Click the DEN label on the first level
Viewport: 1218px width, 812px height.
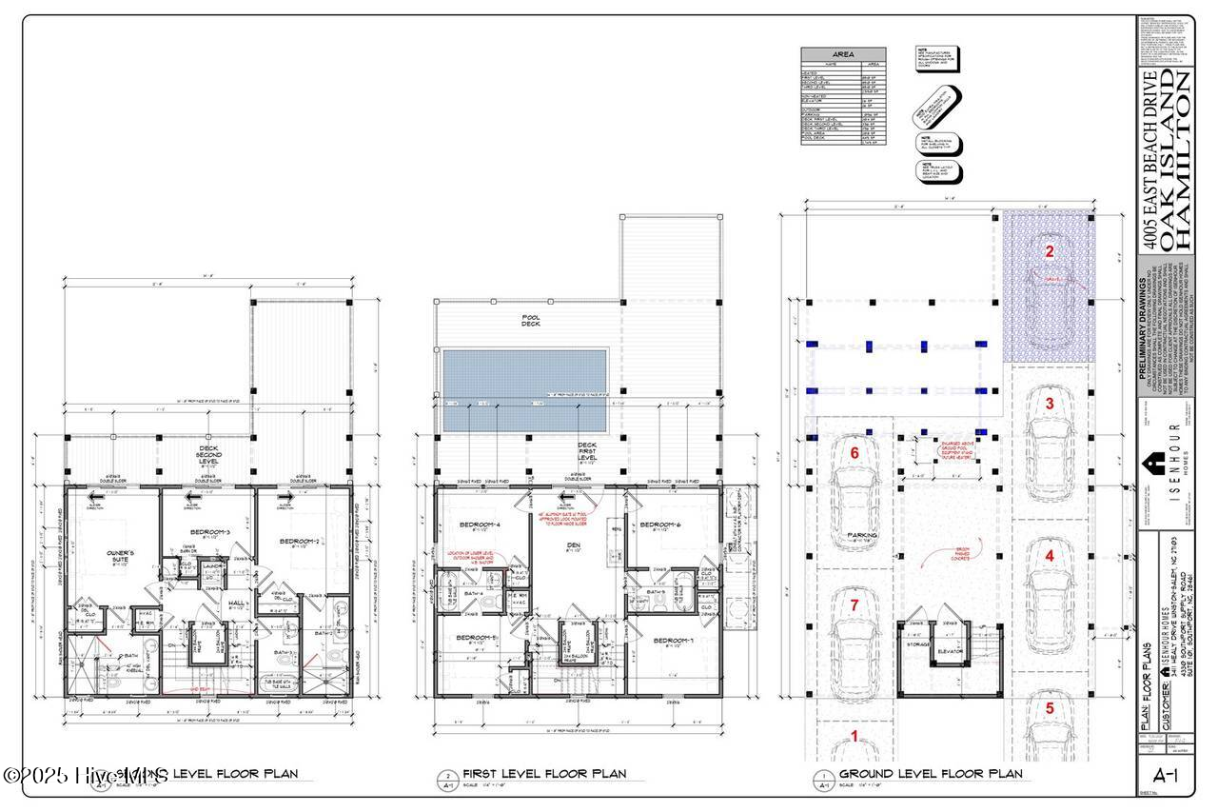(574, 545)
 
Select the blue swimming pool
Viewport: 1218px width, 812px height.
(524, 388)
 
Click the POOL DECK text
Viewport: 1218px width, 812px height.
(529, 323)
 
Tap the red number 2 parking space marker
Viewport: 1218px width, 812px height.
(1049, 252)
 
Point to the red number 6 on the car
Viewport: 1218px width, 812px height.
(854, 454)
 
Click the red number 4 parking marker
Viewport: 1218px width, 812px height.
(1049, 555)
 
